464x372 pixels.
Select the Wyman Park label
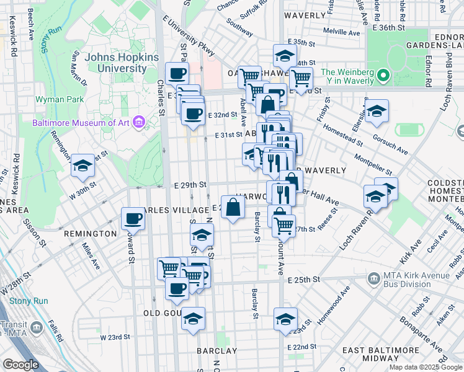click(x=54, y=99)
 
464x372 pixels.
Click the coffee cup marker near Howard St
click(x=133, y=218)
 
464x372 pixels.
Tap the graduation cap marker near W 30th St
click(x=83, y=166)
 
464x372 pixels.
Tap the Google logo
click(x=20, y=365)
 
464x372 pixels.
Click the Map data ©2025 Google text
click(x=426, y=367)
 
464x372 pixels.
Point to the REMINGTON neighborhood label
click(x=89, y=234)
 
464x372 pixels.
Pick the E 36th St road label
click(x=390, y=28)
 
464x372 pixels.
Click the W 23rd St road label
click(x=115, y=337)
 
